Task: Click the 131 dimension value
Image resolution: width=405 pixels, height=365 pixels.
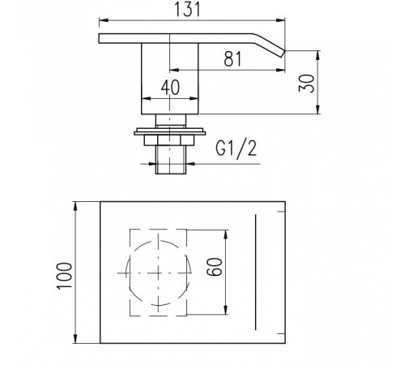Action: point(187,10)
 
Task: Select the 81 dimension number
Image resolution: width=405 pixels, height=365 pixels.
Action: point(232,59)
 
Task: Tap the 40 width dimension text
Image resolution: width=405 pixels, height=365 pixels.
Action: point(170,88)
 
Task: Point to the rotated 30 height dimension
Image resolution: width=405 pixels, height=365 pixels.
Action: point(307,83)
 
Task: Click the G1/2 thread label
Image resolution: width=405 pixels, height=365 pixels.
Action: point(236,149)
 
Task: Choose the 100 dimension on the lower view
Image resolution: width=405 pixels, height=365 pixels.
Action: point(65,276)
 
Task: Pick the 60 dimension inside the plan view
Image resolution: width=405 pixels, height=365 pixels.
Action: point(215,267)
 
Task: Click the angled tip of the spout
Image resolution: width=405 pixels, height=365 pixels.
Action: point(282,54)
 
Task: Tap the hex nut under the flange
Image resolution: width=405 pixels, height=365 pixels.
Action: point(169,140)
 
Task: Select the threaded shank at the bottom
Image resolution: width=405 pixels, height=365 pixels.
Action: point(171,160)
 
